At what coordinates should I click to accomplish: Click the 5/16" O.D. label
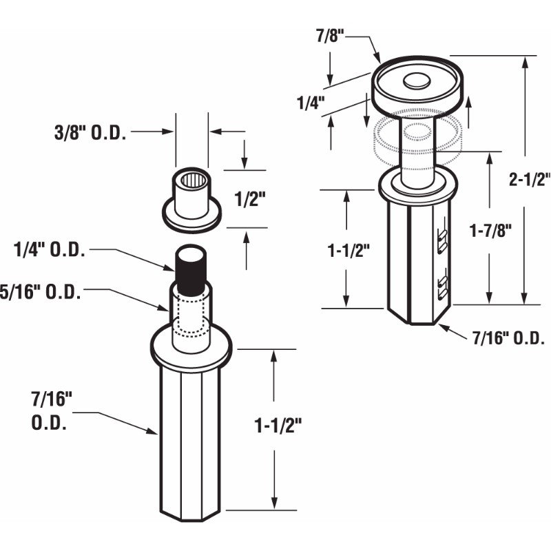pos(41,291)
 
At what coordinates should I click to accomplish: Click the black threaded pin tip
pos(192,264)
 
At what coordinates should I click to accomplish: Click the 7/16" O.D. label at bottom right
pos(509,338)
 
